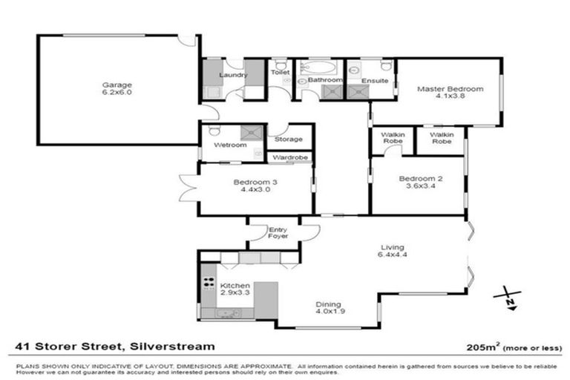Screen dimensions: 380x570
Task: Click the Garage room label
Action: click(117, 85)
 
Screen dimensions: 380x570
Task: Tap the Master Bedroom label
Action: click(450, 89)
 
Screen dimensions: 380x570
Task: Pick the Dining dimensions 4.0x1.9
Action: click(329, 312)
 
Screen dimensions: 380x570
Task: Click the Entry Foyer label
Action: click(279, 232)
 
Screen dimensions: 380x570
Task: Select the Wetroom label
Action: click(229, 145)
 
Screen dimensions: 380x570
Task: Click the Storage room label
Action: click(289, 139)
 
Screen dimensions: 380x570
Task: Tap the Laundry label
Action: click(232, 76)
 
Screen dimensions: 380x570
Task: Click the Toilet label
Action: click(280, 73)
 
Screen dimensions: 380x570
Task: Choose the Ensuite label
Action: click(376, 80)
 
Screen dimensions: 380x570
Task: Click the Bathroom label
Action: click(325, 79)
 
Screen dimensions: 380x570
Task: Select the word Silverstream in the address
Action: click(172, 346)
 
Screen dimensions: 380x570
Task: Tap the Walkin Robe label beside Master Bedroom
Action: click(441, 137)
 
